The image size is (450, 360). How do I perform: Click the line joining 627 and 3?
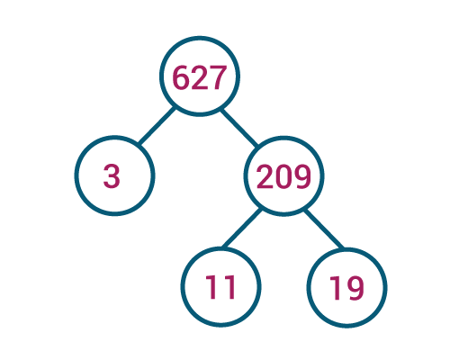[x=157, y=125]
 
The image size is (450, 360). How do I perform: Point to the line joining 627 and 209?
[x=239, y=128]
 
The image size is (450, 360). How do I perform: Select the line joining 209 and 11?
[x=242, y=228]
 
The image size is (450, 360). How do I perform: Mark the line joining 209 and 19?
[x=324, y=229]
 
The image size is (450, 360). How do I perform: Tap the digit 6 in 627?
[x=181, y=77]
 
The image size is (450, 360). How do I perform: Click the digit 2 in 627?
[x=199, y=77]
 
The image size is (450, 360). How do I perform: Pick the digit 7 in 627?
[x=216, y=77]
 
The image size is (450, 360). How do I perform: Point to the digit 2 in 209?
[x=265, y=176]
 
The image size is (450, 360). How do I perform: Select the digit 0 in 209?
[x=283, y=176]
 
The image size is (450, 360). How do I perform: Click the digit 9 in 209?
[x=301, y=176]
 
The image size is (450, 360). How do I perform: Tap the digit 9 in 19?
[x=355, y=288]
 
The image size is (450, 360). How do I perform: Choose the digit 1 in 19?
[x=335, y=288]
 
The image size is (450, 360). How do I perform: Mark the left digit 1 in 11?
[x=211, y=287]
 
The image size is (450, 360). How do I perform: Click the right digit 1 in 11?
[x=229, y=287]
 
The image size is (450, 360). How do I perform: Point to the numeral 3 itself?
[x=112, y=176]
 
